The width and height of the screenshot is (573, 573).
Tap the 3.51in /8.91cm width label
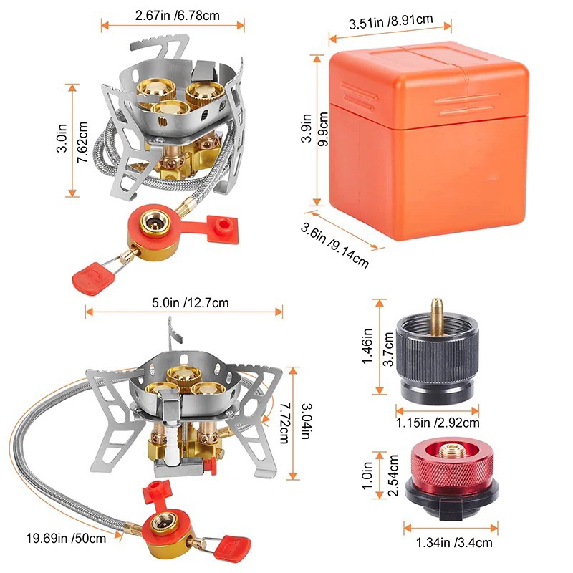point(390,21)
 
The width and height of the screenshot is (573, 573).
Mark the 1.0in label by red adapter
point(367,475)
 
